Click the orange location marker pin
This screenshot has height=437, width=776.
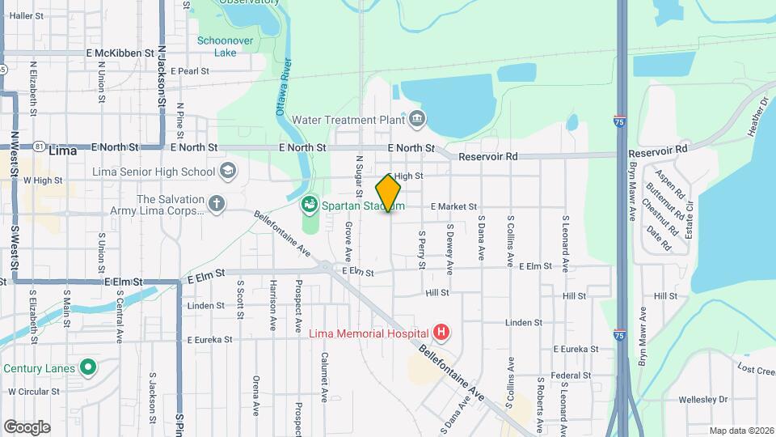[388, 193]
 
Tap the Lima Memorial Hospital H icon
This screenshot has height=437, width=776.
[441, 332]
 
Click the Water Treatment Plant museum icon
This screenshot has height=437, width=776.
[416, 120]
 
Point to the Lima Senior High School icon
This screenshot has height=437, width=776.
[227, 171]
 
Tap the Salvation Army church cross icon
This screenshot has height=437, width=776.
[216, 204]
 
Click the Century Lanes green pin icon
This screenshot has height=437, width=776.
[87, 368]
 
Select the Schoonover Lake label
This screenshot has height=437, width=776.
[215, 46]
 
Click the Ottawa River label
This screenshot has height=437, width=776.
[284, 88]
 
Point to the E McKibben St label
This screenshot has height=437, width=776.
[120, 53]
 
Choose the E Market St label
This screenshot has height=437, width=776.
[453, 207]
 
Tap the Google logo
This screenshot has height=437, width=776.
[27, 427]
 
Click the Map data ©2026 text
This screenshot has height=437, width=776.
[741, 431]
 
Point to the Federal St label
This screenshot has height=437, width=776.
[572, 375]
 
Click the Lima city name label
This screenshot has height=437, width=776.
[62, 151]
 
